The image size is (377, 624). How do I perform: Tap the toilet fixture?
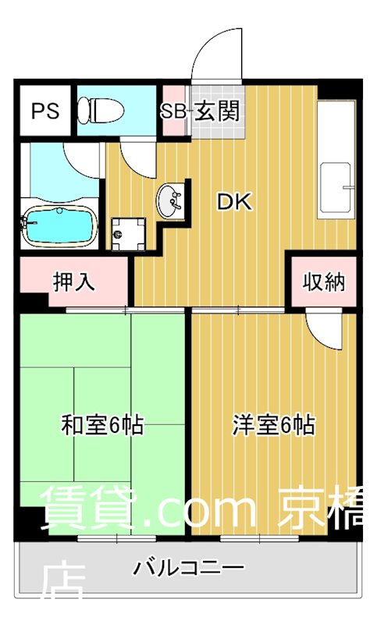tap(100, 110)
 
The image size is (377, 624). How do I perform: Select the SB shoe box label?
tap(173, 111)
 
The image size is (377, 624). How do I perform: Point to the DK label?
tap(233, 203)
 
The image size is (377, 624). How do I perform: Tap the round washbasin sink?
tap(170, 202)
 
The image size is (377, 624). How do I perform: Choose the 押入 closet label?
tap(73, 282)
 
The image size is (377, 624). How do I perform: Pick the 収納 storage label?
tap(324, 282)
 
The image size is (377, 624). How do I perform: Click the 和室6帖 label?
tap(102, 426)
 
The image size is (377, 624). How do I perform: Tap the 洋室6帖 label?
tap(273, 426)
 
